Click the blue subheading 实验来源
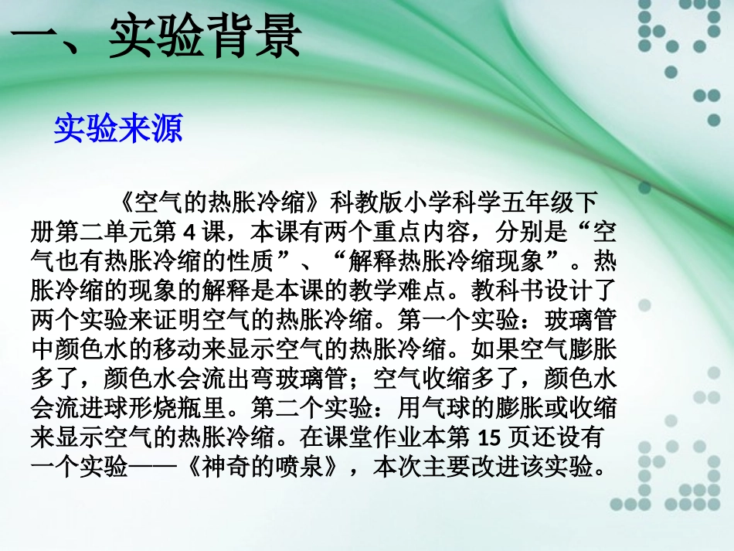(x=118, y=129)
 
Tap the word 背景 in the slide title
(x=251, y=38)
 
